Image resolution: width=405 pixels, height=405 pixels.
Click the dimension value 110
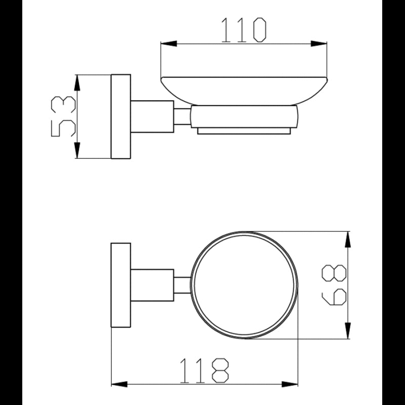click(244, 30)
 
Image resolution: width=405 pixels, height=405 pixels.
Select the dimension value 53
click(64, 116)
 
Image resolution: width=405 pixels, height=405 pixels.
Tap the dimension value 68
click(334, 285)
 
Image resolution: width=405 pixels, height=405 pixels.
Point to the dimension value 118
click(204, 371)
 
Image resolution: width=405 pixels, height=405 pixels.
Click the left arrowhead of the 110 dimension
click(169, 44)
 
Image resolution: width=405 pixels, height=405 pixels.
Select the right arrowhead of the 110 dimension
click(319, 44)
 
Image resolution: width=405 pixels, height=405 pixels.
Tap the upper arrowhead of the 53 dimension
click(77, 83)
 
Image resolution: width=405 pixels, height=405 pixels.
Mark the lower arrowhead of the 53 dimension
click(77, 150)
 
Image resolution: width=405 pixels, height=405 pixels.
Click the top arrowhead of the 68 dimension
click(348, 239)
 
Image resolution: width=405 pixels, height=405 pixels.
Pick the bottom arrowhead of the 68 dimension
click(348, 331)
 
